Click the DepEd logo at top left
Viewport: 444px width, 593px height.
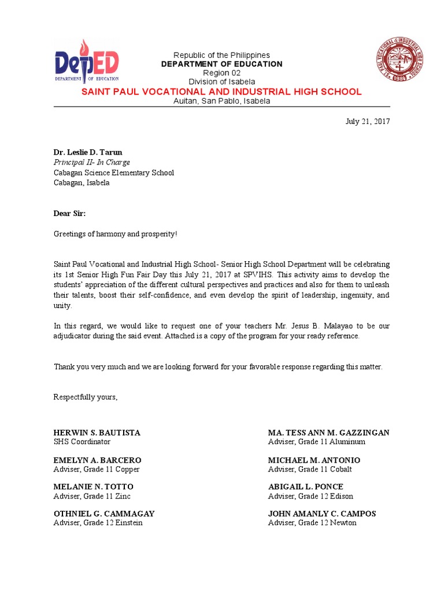click(87, 61)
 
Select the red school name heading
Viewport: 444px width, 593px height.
click(221, 92)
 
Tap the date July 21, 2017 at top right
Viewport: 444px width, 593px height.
click(368, 122)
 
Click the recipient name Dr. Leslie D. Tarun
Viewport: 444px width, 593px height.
click(88, 153)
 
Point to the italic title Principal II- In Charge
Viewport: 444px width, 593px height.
click(92, 163)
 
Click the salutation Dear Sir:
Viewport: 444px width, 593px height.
click(69, 214)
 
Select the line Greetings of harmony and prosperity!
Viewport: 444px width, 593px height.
click(116, 234)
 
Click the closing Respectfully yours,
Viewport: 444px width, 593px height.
click(86, 397)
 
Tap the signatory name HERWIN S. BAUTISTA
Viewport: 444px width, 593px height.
click(97, 433)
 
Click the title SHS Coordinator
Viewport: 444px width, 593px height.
click(82, 442)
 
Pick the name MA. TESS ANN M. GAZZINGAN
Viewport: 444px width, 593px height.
click(328, 433)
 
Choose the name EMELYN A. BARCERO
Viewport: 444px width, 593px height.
click(97, 460)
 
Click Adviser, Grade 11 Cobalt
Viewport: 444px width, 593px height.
click(310, 469)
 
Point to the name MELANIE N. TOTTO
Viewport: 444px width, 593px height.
click(93, 486)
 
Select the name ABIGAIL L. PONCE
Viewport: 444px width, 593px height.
click(306, 486)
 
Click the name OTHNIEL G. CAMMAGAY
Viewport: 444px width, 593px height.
click(104, 514)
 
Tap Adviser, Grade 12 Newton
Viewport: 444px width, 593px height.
click(312, 523)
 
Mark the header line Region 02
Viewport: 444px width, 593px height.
click(221, 73)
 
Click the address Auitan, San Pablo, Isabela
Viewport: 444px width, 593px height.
click(221, 101)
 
